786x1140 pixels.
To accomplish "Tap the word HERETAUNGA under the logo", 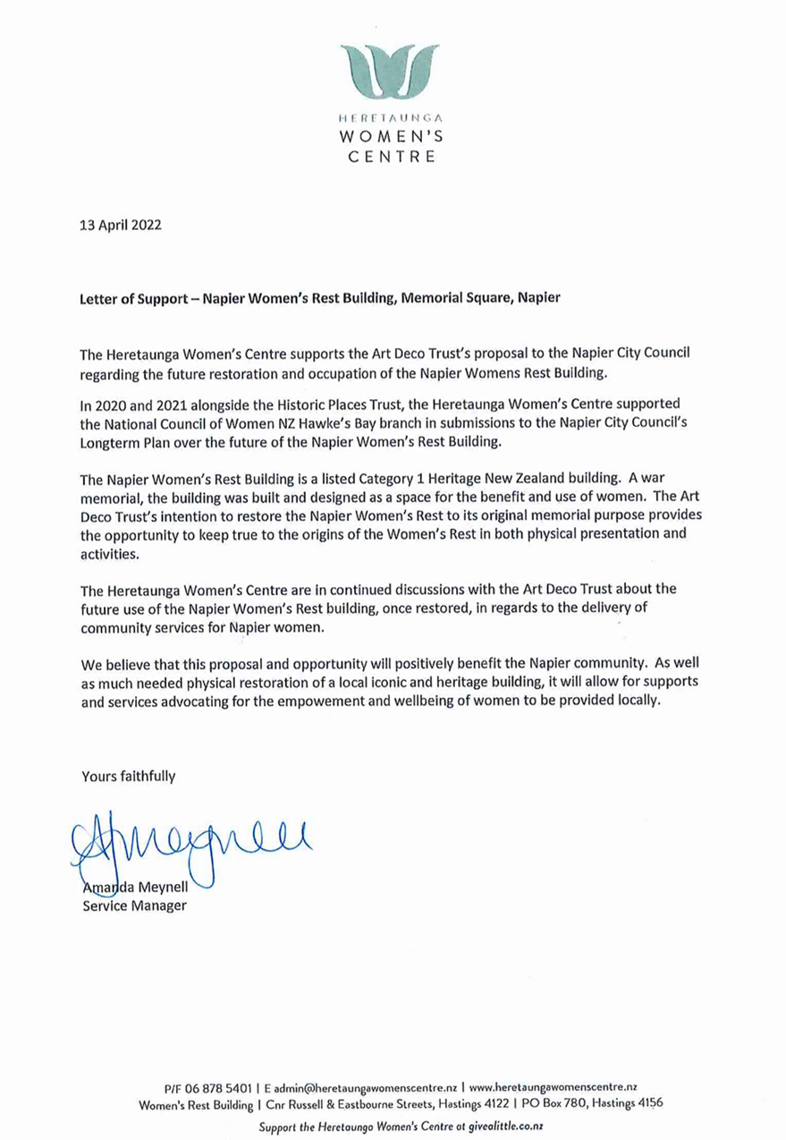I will pos(393,117).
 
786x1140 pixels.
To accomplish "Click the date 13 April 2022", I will pos(121,225).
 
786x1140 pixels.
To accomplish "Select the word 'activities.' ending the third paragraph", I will pos(107,555).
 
